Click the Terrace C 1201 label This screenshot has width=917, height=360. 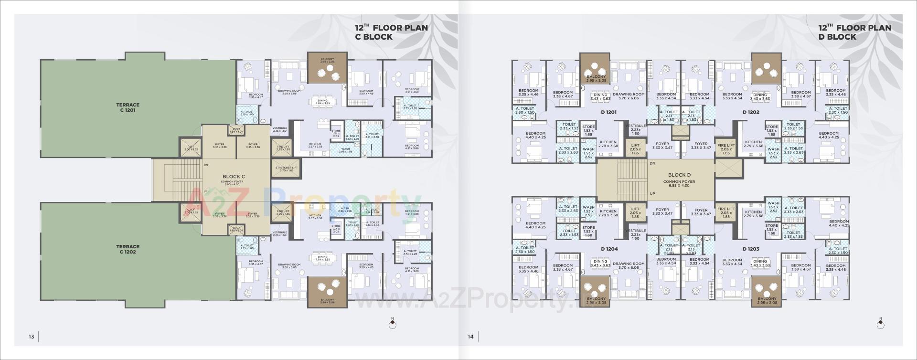pyautogui.click(x=128, y=107)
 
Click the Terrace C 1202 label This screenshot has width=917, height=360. pyautogui.click(x=128, y=249)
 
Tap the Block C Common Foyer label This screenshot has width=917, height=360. pyautogui.click(x=234, y=179)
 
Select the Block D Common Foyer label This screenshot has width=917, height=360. pyautogui.click(x=679, y=178)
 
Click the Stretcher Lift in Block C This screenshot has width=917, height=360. pyautogui.click(x=287, y=169)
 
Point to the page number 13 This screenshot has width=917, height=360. pyautogui.click(x=31, y=337)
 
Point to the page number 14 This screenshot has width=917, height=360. pyautogui.click(x=470, y=337)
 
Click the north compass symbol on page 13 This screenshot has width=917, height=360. pyautogui.click(x=393, y=324)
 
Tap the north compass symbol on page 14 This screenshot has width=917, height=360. pyautogui.click(x=880, y=324)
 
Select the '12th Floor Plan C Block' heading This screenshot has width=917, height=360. pyautogui.click(x=391, y=32)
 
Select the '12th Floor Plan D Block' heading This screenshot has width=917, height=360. pyautogui.click(x=854, y=32)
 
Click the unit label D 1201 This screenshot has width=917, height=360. pyautogui.click(x=609, y=112)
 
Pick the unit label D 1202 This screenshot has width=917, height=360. pyautogui.click(x=751, y=112)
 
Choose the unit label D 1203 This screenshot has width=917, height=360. pyautogui.click(x=751, y=249)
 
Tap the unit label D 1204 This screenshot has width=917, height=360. pyautogui.click(x=609, y=249)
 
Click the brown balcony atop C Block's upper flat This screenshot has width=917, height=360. pyautogui.click(x=327, y=67)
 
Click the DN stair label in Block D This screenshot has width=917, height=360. pyautogui.click(x=652, y=164)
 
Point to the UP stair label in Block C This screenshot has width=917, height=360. pyautogui.click(x=206, y=191)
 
